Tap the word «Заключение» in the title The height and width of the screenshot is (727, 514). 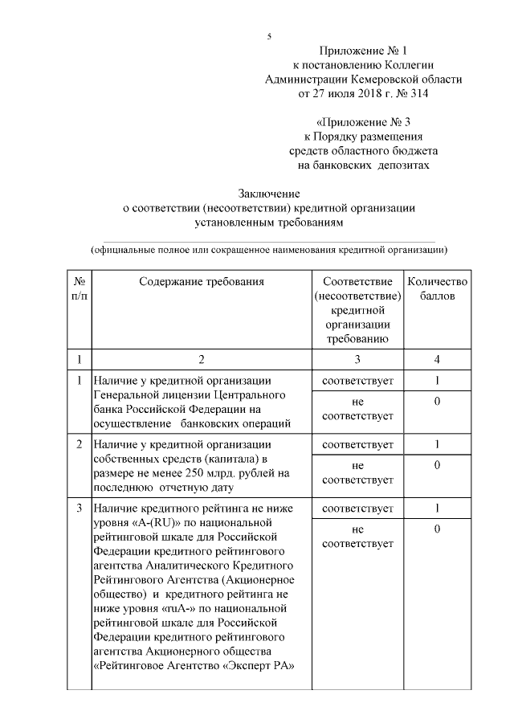[x=268, y=194]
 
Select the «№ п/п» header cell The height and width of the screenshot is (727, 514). [x=80, y=288]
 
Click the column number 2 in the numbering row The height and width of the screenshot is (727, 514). [x=201, y=358]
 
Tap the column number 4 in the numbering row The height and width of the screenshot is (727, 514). [x=437, y=358]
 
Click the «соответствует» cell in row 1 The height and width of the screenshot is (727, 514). [x=357, y=380]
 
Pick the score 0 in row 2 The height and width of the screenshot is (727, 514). [x=437, y=465]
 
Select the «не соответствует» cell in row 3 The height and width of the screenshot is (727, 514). [x=357, y=537]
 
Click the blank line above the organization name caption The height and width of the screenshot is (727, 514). [x=268, y=239]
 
